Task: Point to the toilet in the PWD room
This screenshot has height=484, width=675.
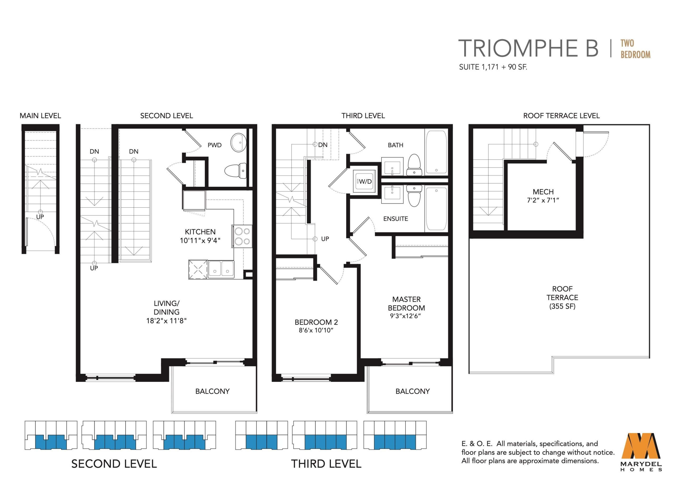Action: (x=235, y=171)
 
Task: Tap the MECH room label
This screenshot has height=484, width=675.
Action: (x=543, y=192)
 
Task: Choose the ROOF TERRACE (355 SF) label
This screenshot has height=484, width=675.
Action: (x=562, y=297)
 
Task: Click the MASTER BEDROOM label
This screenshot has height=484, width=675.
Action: (x=406, y=303)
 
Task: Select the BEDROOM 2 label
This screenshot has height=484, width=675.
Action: (x=316, y=322)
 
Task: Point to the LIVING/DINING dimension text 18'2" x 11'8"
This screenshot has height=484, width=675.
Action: (x=166, y=320)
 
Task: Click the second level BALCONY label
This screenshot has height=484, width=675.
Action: (x=213, y=391)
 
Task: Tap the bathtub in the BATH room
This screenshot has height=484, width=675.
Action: (x=436, y=152)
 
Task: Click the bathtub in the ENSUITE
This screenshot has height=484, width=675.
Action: (x=436, y=209)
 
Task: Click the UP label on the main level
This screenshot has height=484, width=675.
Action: (x=40, y=217)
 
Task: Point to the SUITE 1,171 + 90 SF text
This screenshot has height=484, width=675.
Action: (x=493, y=67)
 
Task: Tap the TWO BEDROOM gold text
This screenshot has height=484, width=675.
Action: (x=635, y=49)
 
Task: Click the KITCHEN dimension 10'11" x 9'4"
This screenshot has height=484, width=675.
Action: (x=200, y=241)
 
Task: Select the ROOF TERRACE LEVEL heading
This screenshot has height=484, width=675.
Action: (x=561, y=116)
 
